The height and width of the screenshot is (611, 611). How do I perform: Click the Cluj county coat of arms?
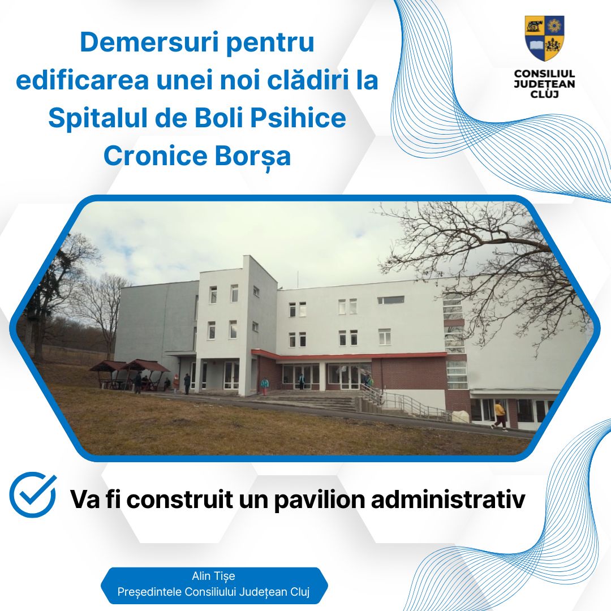544,38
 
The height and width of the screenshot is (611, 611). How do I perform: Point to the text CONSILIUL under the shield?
544,74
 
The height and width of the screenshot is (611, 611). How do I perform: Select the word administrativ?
448,499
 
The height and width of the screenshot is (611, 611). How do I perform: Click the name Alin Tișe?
213,576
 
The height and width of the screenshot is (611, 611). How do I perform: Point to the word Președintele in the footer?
149,592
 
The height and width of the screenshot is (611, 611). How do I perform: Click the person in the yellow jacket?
499,416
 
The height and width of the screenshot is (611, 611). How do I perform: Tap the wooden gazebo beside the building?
130,375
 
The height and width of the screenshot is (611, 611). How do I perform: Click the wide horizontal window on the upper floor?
391,300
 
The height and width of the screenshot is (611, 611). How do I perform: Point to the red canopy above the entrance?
348,355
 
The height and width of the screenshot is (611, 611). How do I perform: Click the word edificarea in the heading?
82,80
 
